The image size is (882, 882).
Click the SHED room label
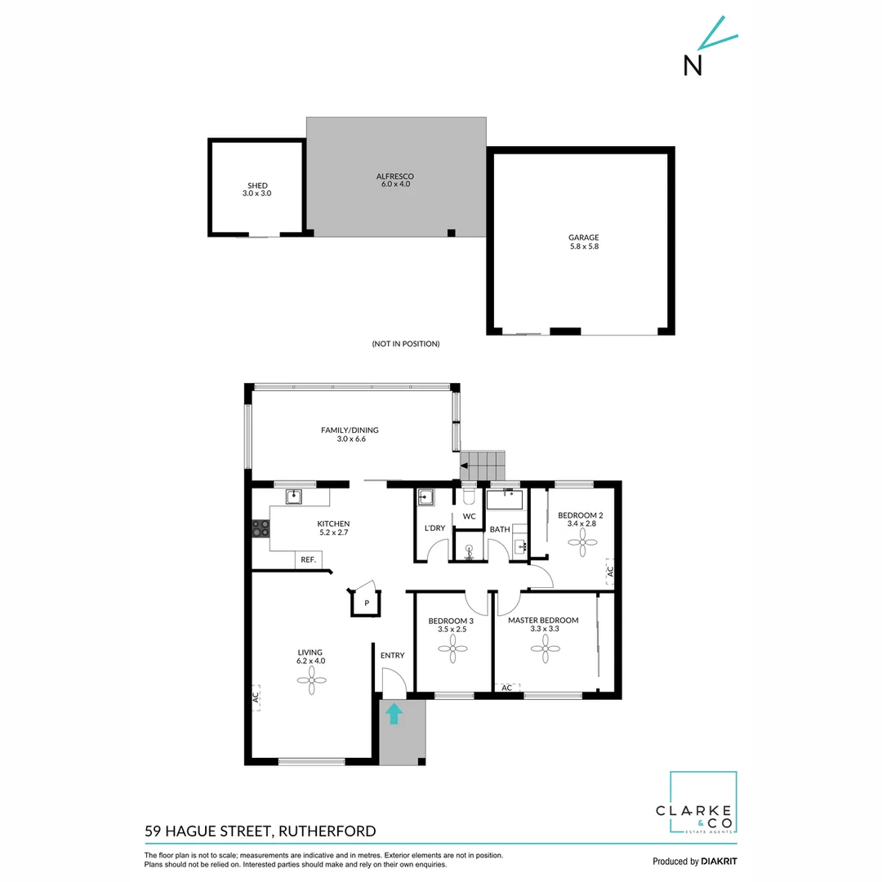click(257, 185)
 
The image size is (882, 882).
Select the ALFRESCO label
click(395, 176)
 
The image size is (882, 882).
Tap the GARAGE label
click(583, 238)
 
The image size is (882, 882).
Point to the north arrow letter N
click(693, 65)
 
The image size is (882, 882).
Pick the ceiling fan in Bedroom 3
click(452, 650)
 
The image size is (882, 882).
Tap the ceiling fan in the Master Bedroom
click(545, 649)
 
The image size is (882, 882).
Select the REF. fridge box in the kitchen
click(309, 559)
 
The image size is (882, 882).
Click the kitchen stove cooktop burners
click(261, 528)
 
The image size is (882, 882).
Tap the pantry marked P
click(367, 603)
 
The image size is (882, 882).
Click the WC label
click(469, 517)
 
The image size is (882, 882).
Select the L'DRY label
click(434, 528)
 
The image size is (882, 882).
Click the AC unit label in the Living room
click(256, 697)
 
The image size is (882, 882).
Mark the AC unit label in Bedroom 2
click(609, 571)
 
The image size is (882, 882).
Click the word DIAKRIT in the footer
click(719, 862)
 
